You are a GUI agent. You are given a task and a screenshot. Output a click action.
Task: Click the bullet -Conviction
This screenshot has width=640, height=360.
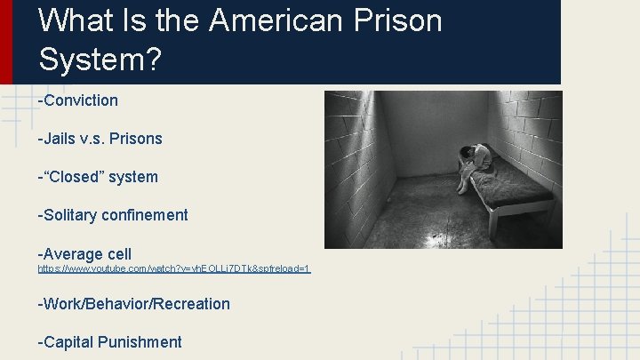click(77, 100)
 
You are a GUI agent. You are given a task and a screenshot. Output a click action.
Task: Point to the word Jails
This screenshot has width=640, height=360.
click(61, 139)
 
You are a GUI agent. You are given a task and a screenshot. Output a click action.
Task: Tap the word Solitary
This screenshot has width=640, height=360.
click(69, 215)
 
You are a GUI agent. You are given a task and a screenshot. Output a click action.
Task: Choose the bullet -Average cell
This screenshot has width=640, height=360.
click(84, 254)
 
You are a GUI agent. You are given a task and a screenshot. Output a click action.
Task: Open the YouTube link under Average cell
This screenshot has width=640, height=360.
click(173, 268)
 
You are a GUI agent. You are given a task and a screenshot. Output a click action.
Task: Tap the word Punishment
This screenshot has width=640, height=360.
click(142, 342)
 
